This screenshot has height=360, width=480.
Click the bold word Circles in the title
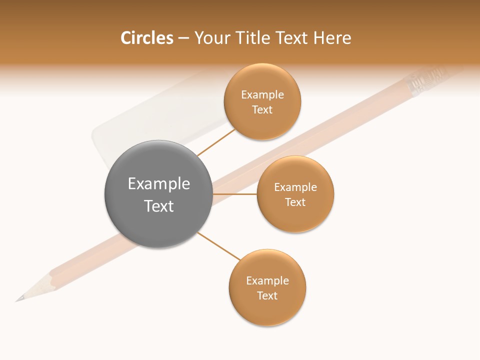point(146,38)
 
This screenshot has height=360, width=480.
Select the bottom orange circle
point(267,310)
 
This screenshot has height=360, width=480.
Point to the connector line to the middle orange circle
point(235,194)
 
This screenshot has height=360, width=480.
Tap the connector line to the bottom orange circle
point(219,246)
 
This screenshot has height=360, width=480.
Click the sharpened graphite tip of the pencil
point(19,299)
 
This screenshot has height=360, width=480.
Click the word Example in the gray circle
point(159,184)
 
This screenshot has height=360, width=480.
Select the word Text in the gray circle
point(159,206)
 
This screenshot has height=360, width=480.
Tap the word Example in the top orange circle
point(262,95)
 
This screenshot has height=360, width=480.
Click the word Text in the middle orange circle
point(295,202)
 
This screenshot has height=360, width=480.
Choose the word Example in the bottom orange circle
point(267,281)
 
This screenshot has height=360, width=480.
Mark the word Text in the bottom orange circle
point(267,295)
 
